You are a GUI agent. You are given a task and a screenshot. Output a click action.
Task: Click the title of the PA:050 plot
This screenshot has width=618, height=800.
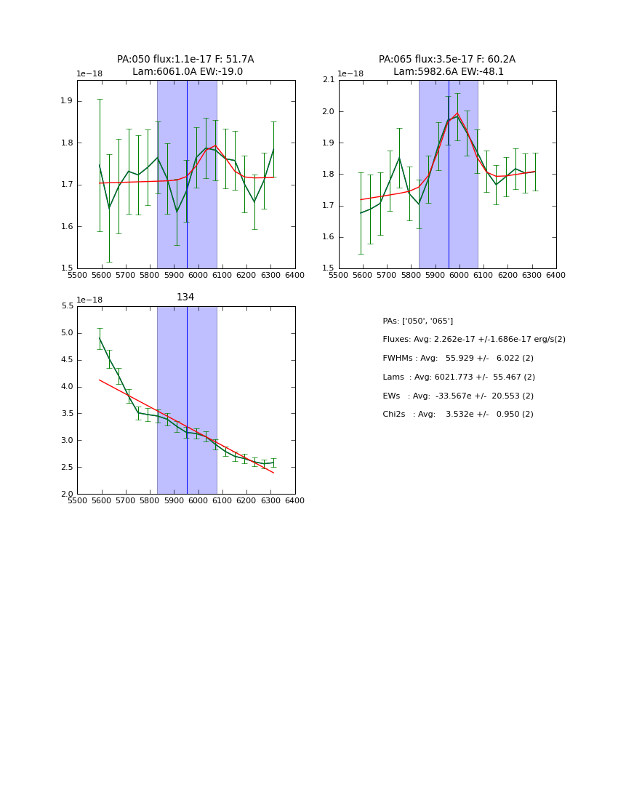[185, 65]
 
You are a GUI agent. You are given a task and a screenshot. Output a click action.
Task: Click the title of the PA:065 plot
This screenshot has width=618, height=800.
[447, 65]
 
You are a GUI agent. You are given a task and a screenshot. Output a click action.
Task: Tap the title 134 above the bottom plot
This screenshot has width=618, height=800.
[185, 297]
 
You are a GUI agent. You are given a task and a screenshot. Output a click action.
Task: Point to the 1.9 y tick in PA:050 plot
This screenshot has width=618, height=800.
[67, 101]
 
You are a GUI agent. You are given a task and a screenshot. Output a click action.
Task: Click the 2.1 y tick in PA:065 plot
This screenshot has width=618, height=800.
[329, 80]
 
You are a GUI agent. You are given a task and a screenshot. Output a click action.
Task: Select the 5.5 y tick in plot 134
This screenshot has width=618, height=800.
[67, 306]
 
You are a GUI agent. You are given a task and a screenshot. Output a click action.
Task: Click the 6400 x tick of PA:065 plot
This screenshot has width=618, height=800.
[556, 276]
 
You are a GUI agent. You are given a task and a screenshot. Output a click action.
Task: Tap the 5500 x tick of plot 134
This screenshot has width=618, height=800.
[77, 501]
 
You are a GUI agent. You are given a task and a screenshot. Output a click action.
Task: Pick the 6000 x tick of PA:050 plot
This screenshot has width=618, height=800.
[198, 276]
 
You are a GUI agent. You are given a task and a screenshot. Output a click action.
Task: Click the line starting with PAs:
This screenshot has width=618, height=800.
[418, 321]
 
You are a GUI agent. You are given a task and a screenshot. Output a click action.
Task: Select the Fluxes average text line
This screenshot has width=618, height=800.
[474, 340]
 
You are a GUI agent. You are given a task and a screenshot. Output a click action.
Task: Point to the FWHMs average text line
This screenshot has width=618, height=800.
[458, 359]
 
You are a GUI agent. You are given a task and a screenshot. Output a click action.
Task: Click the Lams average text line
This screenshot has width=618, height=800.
[459, 377]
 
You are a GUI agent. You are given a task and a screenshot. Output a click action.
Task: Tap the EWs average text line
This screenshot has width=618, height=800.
[458, 396]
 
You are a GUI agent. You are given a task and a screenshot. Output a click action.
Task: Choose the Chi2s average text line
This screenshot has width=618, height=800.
[458, 415]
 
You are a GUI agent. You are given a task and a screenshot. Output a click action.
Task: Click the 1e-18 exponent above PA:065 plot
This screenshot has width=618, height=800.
[350, 73]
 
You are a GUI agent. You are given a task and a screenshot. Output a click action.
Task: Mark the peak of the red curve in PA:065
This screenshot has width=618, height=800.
[457, 113]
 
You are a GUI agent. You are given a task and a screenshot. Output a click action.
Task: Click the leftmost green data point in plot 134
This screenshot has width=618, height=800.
[100, 338]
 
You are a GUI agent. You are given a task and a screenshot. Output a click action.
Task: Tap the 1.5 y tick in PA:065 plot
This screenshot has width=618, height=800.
[329, 268]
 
